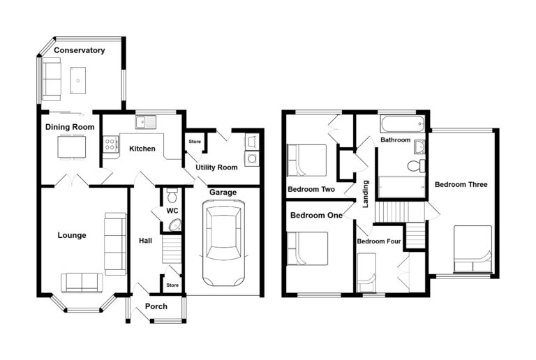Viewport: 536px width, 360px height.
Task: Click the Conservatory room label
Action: [80, 50]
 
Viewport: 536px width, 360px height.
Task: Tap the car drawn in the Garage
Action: [223, 243]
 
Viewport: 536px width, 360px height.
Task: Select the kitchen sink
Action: [146, 122]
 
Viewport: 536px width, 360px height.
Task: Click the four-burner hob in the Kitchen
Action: [111, 144]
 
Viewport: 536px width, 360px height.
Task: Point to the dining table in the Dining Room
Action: [71, 147]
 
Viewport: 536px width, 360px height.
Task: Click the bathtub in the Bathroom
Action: [402, 124]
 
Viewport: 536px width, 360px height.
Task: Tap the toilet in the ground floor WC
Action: [172, 195]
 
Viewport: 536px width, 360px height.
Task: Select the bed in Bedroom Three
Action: [472, 249]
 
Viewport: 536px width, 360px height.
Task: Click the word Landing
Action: [366, 194]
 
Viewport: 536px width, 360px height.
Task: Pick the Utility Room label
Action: [216, 167]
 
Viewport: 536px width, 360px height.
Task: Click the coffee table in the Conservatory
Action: [78, 81]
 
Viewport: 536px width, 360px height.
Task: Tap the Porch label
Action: [156, 306]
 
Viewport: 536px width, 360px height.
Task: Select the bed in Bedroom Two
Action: [306, 160]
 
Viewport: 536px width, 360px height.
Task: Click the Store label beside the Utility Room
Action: [195, 142]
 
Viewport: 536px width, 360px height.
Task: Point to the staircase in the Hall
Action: [171, 249]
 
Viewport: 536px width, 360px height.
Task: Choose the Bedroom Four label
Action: [379, 241]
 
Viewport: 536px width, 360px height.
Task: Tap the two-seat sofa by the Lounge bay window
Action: [82, 283]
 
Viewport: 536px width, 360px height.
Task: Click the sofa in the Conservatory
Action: [51, 79]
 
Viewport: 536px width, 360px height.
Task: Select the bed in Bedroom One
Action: [307, 248]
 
